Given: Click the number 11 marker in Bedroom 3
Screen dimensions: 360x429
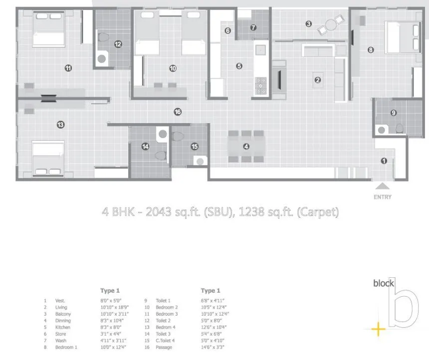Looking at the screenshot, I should (x=68, y=68).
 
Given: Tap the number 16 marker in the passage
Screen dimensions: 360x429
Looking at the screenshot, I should (x=178, y=112).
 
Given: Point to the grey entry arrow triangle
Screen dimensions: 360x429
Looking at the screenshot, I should (x=383, y=186).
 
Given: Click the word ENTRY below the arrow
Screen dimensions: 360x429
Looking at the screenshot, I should (x=383, y=197).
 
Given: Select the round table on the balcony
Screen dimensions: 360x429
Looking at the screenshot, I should (x=331, y=24).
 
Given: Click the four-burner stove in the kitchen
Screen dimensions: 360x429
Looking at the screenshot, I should (x=261, y=86).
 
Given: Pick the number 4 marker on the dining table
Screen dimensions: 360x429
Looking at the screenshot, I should (x=246, y=147).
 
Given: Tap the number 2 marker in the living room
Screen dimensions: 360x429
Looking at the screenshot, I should (x=318, y=80).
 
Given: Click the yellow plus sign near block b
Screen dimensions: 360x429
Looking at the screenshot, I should (x=379, y=329).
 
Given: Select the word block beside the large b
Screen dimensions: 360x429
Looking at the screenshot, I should (x=383, y=284).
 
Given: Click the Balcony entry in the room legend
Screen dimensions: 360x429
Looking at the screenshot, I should (x=63, y=314).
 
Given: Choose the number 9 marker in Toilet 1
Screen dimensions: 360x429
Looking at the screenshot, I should (x=394, y=113).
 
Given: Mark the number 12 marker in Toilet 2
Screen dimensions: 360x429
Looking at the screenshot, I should (x=118, y=44).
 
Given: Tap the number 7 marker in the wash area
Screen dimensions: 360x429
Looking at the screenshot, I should (x=253, y=28).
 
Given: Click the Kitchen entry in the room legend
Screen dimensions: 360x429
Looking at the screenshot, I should (x=63, y=327).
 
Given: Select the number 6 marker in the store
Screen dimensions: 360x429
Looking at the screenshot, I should (x=228, y=30).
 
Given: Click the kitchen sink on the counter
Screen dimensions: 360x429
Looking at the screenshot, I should (x=260, y=50).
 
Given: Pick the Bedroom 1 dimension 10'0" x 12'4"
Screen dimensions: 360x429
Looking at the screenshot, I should (x=114, y=347).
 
